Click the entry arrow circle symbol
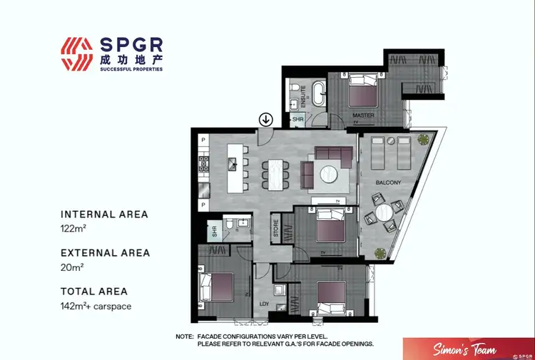(265, 119)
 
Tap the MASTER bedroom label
(363, 115)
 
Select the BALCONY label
(389, 183)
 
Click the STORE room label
(276, 229)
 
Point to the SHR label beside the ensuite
(297, 120)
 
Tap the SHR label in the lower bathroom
(213, 231)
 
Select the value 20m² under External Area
(72, 268)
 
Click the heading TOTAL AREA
(94, 291)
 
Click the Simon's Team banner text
(458, 349)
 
